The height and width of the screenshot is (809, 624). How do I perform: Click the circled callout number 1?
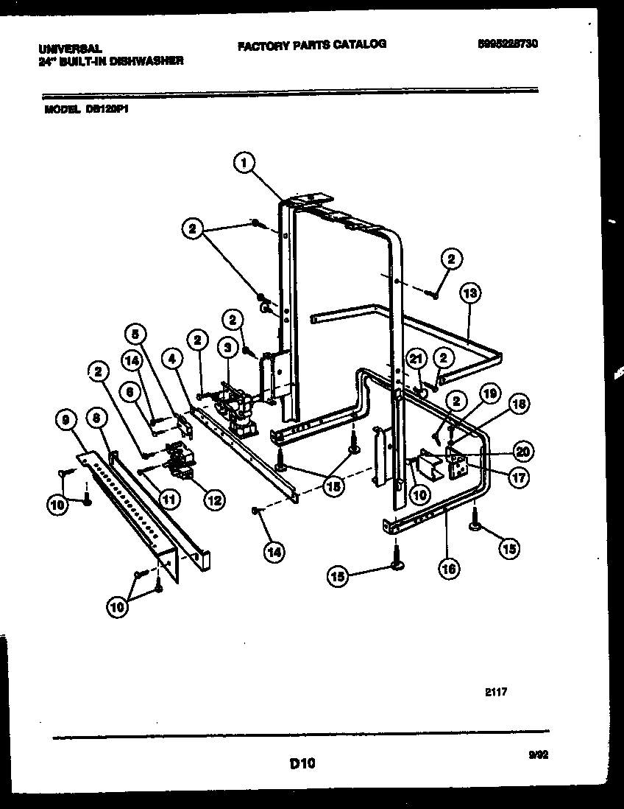pos(244,162)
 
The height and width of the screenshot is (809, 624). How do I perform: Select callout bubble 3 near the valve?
pos(228,346)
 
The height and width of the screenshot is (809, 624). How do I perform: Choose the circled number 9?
pos(68,421)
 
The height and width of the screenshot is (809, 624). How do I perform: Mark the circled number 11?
pos(170,499)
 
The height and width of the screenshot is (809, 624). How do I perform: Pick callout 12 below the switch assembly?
pos(215,500)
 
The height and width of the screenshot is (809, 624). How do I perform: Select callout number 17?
pos(520,477)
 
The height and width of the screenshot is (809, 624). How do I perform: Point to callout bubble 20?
pos(524,452)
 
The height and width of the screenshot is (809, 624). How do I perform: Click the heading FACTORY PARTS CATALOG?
pos(311,44)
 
